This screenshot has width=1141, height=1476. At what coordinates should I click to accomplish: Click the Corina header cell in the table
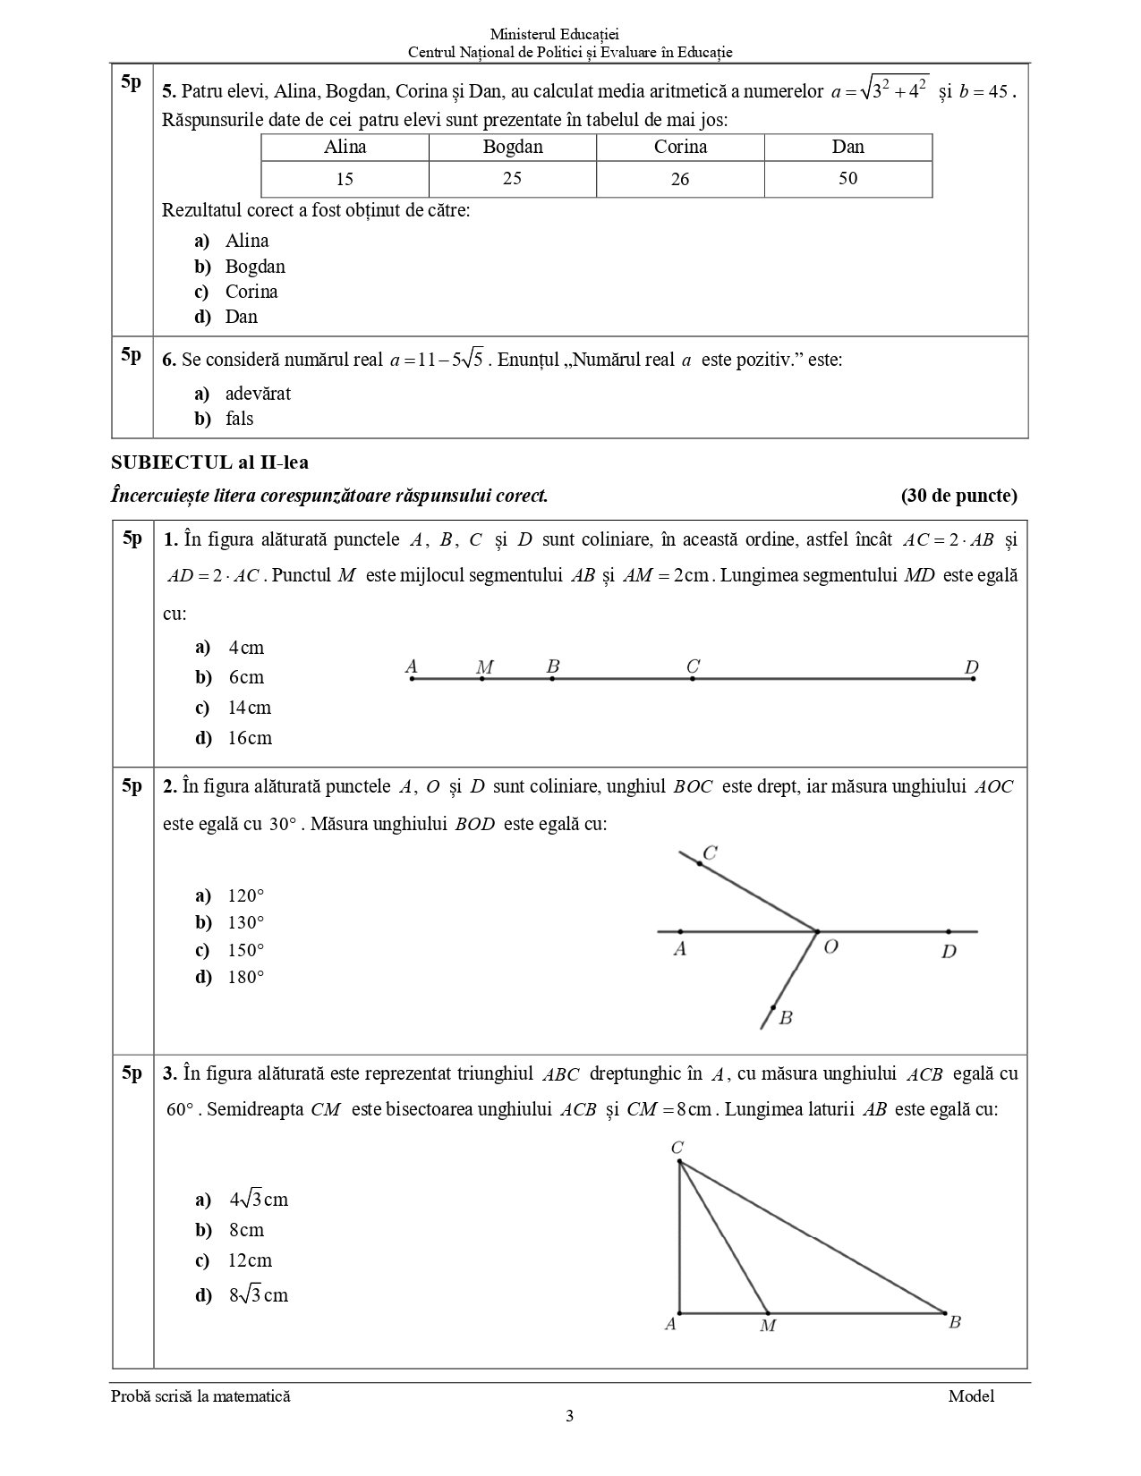680,148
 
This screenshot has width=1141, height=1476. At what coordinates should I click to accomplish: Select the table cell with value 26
680,179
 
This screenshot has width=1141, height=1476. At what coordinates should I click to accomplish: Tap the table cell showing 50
847,179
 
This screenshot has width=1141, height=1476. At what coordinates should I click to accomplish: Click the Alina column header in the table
345,148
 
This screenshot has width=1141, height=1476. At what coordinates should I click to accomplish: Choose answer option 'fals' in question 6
238,419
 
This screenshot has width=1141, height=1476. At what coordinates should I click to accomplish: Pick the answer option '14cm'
248,708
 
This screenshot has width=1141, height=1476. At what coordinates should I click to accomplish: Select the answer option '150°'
245,950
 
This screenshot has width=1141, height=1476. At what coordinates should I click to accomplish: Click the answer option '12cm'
249,1260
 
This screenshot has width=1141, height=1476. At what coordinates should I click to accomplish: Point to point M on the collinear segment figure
482,678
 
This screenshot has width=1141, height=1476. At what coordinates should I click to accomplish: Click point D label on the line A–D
971,667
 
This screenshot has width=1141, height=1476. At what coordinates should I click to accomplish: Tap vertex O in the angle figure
817,932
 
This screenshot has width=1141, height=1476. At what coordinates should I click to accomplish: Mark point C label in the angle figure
710,853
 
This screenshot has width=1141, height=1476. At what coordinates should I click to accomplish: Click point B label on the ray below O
785,1018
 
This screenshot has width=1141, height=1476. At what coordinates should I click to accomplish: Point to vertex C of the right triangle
679,1162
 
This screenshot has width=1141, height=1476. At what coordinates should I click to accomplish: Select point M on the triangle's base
767,1313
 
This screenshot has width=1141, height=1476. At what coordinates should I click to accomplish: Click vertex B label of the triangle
954,1322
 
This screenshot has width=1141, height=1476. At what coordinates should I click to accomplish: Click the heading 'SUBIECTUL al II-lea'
209,462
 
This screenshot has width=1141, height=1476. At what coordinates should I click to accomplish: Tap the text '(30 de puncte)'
958,496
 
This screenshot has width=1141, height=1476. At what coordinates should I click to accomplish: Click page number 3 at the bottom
570,1416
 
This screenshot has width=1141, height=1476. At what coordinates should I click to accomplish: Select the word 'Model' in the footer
971,1396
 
